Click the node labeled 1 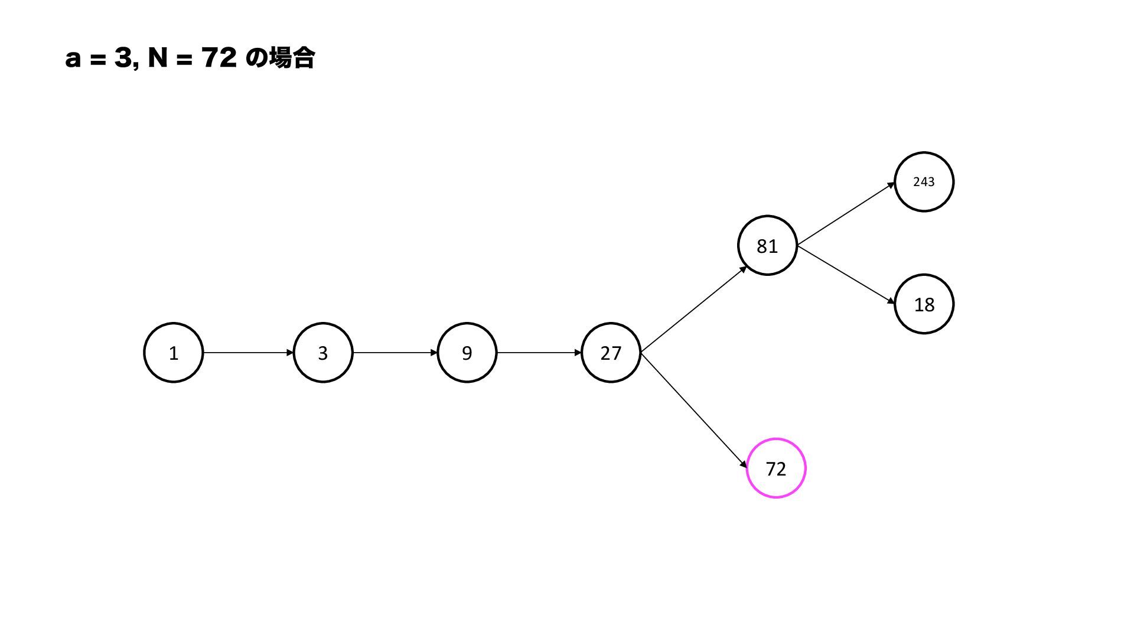174,353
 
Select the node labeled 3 323,353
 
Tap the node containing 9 467,353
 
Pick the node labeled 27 611,353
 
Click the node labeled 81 767,246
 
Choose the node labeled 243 924,182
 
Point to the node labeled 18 924,304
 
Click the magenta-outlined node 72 775,468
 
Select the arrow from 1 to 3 248,353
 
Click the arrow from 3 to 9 395,353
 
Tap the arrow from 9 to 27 539,353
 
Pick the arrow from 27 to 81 693,310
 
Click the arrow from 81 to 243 846,214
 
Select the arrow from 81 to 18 846,275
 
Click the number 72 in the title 219,58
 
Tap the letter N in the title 158,58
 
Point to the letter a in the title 73,60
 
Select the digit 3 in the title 123,58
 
